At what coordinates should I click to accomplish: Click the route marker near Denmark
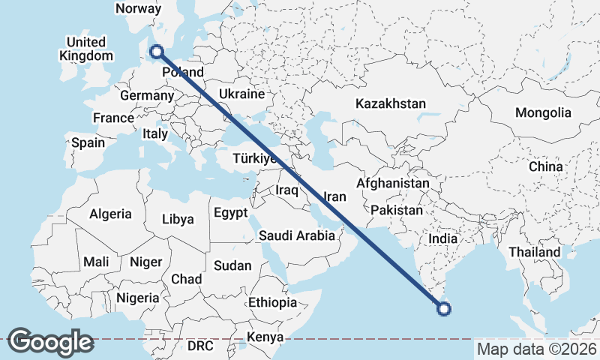[157, 51]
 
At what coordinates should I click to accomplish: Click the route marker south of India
[443, 307]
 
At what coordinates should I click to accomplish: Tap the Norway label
[139, 8]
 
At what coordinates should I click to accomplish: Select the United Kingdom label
[86, 49]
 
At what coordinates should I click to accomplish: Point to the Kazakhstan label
[391, 103]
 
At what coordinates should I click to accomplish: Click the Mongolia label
[543, 113]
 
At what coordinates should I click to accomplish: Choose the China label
[545, 166]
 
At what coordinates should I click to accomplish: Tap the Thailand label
[535, 252]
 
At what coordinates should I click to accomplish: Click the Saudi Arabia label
[297, 235]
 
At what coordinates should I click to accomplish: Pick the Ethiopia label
[273, 303]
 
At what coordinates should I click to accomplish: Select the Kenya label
[265, 337]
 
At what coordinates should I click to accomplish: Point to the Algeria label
[110, 214]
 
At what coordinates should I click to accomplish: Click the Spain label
[88, 142]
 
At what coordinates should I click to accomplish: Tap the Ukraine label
[241, 94]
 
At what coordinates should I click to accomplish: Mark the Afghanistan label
[393, 183]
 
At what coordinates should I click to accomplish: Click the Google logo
[50, 342]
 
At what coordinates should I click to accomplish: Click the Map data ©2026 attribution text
[537, 349]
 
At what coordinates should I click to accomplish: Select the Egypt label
[230, 213]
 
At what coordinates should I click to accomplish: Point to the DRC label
[200, 346]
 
